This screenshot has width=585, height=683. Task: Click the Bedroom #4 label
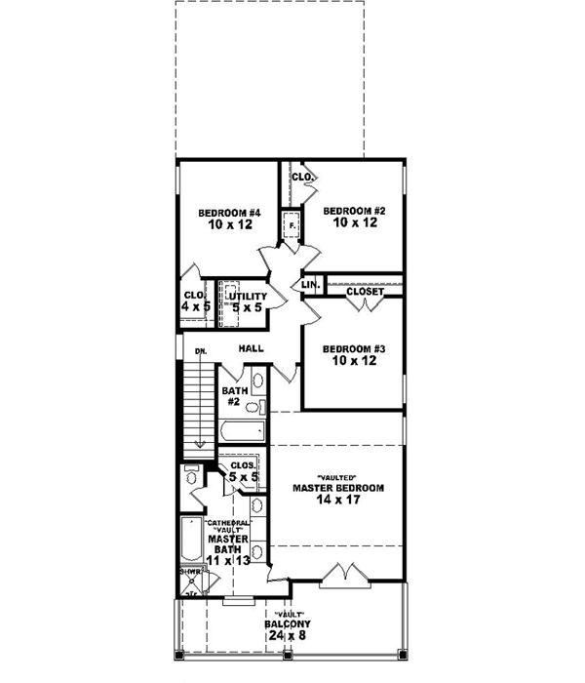[227, 212]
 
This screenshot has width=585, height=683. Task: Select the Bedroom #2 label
[351, 210]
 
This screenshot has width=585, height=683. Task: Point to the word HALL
[253, 347]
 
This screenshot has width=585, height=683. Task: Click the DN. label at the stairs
[200, 350]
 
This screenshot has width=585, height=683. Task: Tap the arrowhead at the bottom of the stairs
[200, 443]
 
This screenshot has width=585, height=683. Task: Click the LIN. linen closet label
[311, 285]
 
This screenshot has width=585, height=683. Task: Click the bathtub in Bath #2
[242, 430]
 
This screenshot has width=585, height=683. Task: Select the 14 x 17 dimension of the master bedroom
[338, 502]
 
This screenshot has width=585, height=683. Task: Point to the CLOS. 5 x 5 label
[244, 471]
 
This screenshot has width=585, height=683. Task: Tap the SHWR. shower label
[188, 574]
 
